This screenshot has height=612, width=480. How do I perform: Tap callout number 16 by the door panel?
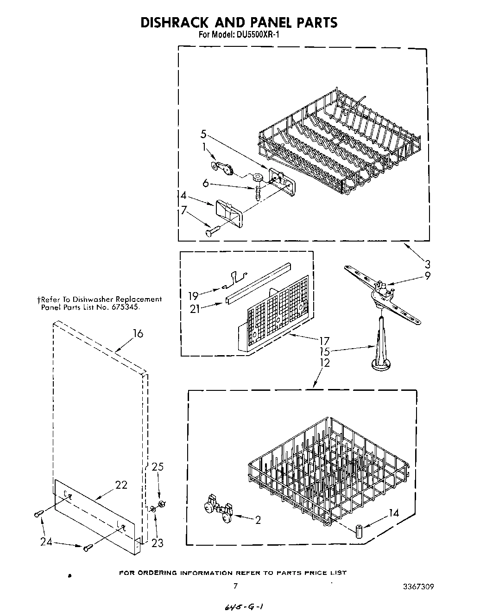138,333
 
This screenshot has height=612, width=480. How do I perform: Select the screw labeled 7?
211,229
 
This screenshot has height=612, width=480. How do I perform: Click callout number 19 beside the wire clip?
193,295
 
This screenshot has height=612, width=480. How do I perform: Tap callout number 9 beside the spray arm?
427,275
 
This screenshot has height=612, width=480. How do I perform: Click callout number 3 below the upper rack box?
427,265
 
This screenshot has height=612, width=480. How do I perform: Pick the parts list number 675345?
125,307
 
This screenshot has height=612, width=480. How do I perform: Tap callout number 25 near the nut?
158,467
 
